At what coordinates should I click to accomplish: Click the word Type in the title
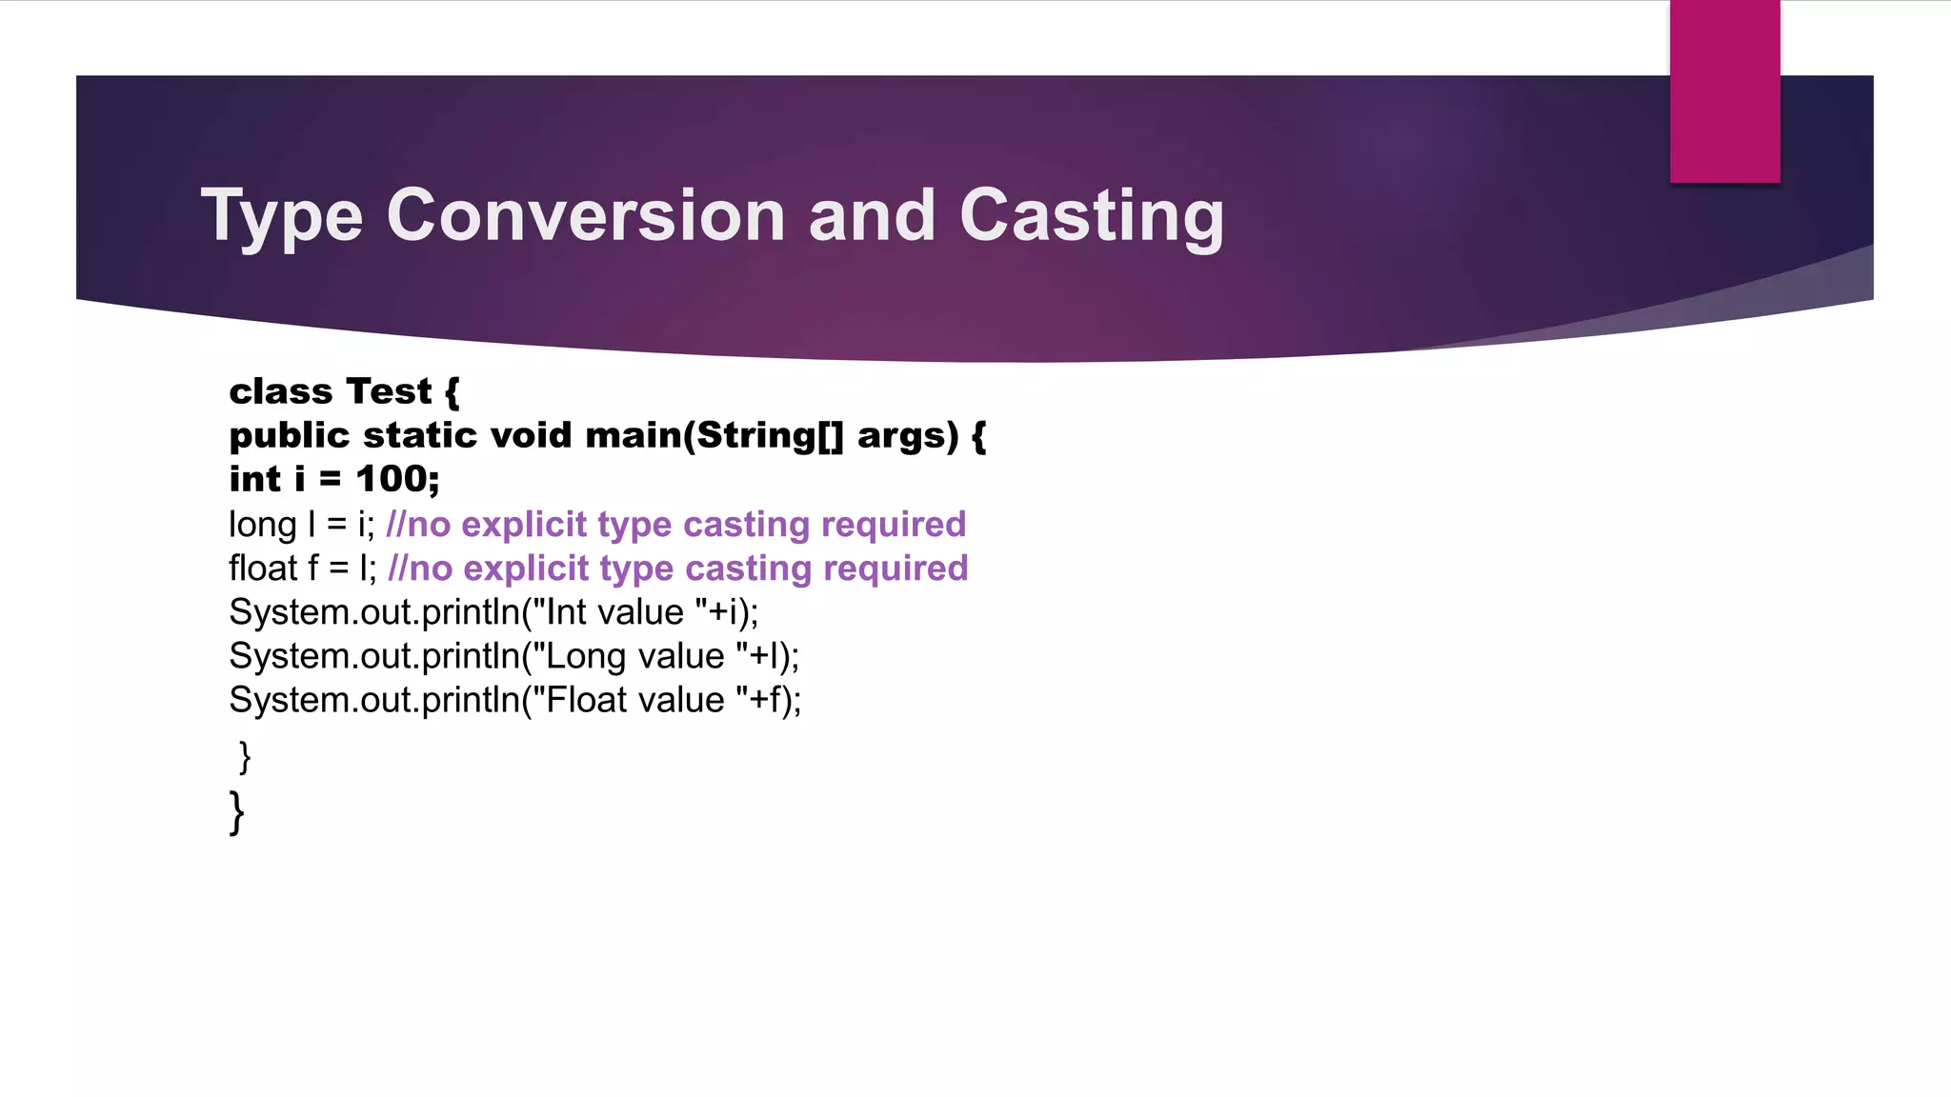pos(281,217)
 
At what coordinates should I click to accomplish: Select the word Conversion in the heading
pos(586,215)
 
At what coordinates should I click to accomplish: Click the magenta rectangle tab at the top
pos(1724,91)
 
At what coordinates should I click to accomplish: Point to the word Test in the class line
pos(389,391)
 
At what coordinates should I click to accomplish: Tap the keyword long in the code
pos(263,525)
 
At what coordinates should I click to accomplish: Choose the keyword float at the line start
pos(263,568)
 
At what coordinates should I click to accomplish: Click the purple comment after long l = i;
pos(675,525)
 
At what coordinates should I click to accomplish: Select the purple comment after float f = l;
pos(678,568)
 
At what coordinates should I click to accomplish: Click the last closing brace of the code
pos(237,812)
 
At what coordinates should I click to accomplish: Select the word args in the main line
pos(907,436)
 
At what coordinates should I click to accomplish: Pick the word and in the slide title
pos(872,215)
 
